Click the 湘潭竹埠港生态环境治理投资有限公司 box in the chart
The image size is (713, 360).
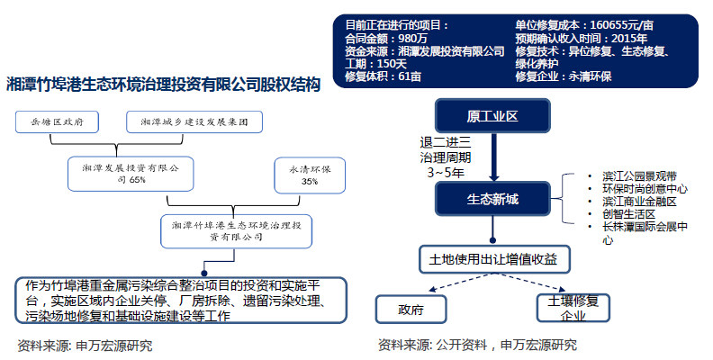[236, 229]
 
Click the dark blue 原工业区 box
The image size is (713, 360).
[492, 117]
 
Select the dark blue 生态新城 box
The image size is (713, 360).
[492, 198]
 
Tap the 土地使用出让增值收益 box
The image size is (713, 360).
[493, 260]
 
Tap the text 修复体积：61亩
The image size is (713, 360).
[383, 76]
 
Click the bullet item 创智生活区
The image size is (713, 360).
[620, 214]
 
